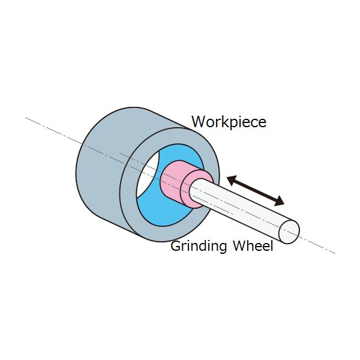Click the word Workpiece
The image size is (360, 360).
tap(229, 122)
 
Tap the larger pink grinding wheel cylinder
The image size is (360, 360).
tap(174, 184)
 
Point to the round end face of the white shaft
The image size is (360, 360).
tap(290, 231)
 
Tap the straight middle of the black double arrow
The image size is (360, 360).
tap(256, 190)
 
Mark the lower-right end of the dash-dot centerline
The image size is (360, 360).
tap(334, 253)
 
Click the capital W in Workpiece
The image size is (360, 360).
tap(198, 122)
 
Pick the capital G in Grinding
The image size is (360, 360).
tap(175, 246)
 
